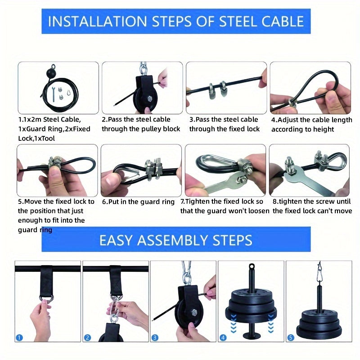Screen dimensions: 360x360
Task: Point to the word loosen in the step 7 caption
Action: tap(257, 211)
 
